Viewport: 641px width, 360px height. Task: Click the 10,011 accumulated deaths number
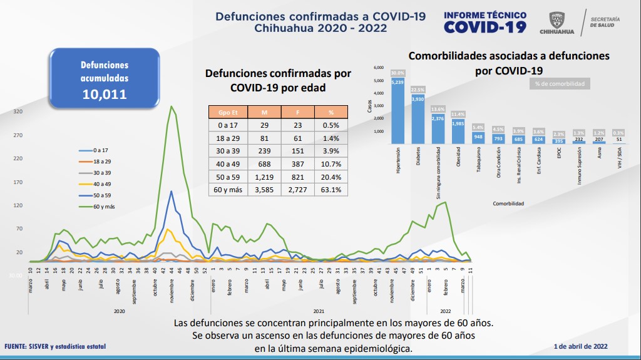[x=105, y=95]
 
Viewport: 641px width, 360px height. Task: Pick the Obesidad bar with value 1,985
[x=457, y=131]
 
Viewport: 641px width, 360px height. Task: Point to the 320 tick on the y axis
[x=18, y=111]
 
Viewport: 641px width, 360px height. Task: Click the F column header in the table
[x=294, y=112]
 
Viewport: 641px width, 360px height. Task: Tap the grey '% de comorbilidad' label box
[x=560, y=83]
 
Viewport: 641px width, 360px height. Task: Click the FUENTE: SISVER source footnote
[x=55, y=346]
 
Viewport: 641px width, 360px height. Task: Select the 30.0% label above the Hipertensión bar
[x=397, y=73]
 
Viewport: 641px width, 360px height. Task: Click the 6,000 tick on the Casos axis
[x=379, y=67]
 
